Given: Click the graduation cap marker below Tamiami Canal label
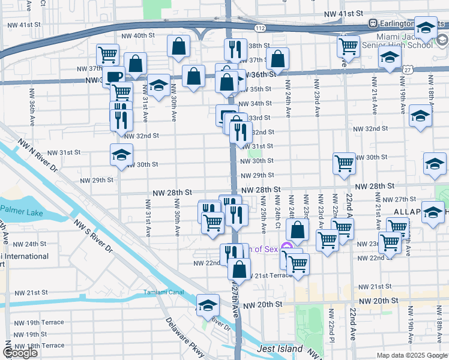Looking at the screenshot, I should coord(208,304).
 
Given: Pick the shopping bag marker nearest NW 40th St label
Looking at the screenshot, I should coord(179,46).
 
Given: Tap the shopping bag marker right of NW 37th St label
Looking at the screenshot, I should coord(277,59).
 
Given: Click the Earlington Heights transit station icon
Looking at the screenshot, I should coord(372,23).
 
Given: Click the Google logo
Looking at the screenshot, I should coord(20,353).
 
